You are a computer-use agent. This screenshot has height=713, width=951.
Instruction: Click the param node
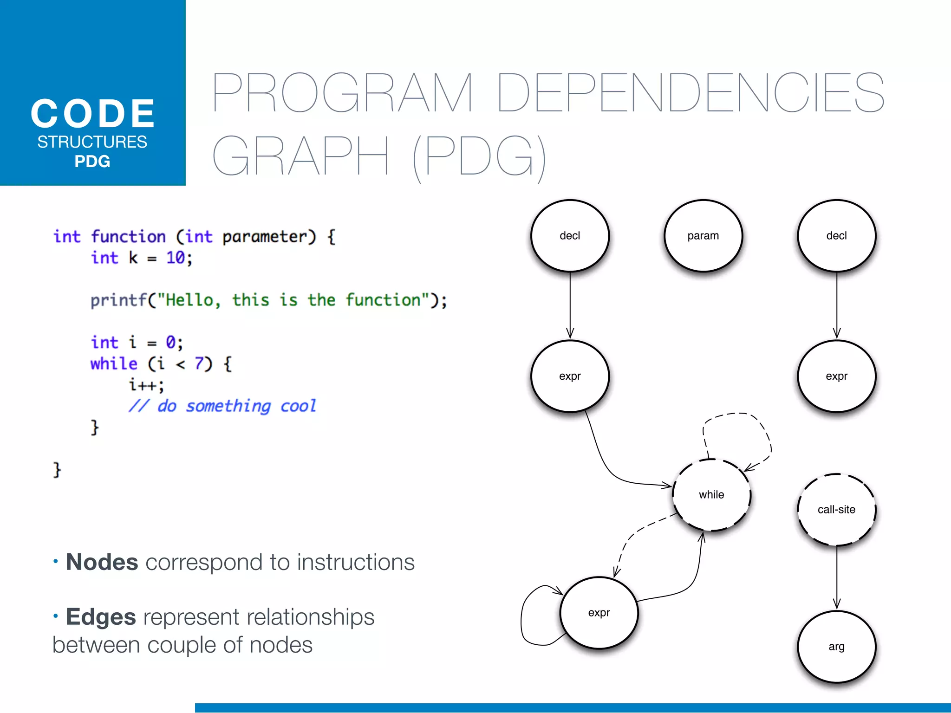coord(703,236)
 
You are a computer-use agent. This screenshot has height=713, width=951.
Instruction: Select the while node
coord(711,495)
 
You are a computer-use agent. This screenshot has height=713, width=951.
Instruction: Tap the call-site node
coord(836,510)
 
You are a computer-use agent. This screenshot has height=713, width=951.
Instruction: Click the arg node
coord(836,647)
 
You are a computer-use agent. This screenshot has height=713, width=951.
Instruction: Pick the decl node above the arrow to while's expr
coord(570,236)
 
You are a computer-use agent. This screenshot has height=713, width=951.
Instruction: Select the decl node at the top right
coord(836,236)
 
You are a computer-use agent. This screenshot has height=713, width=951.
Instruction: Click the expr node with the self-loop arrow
coord(599,613)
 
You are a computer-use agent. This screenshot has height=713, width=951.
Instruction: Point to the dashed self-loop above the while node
coord(738,415)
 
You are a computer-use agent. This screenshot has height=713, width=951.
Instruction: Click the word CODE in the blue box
coord(93,114)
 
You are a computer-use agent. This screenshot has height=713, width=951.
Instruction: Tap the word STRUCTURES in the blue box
coord(92,142)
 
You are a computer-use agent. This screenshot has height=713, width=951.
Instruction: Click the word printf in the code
coord(118,300)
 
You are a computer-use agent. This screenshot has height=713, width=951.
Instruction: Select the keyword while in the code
coord(114,363)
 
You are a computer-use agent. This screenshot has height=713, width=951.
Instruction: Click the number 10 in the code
coord(176,258)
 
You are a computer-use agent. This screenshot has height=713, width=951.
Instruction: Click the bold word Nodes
coord(102,562)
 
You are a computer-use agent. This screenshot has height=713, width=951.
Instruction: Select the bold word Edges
coord(101,617)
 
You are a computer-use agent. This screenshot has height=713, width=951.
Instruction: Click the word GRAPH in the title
coord(300,156)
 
